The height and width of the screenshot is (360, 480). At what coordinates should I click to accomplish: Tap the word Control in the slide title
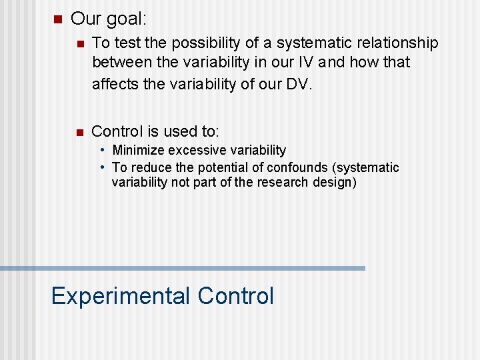[x=236, y=296]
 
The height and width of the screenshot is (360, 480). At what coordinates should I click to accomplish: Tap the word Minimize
[x=139, y=151]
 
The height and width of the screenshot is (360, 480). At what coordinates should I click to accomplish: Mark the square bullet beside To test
[x=79, y=43]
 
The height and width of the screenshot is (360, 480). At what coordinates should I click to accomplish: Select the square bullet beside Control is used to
[x=79, y=131]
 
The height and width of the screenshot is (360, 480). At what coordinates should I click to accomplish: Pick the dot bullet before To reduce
[x=103, y=167]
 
